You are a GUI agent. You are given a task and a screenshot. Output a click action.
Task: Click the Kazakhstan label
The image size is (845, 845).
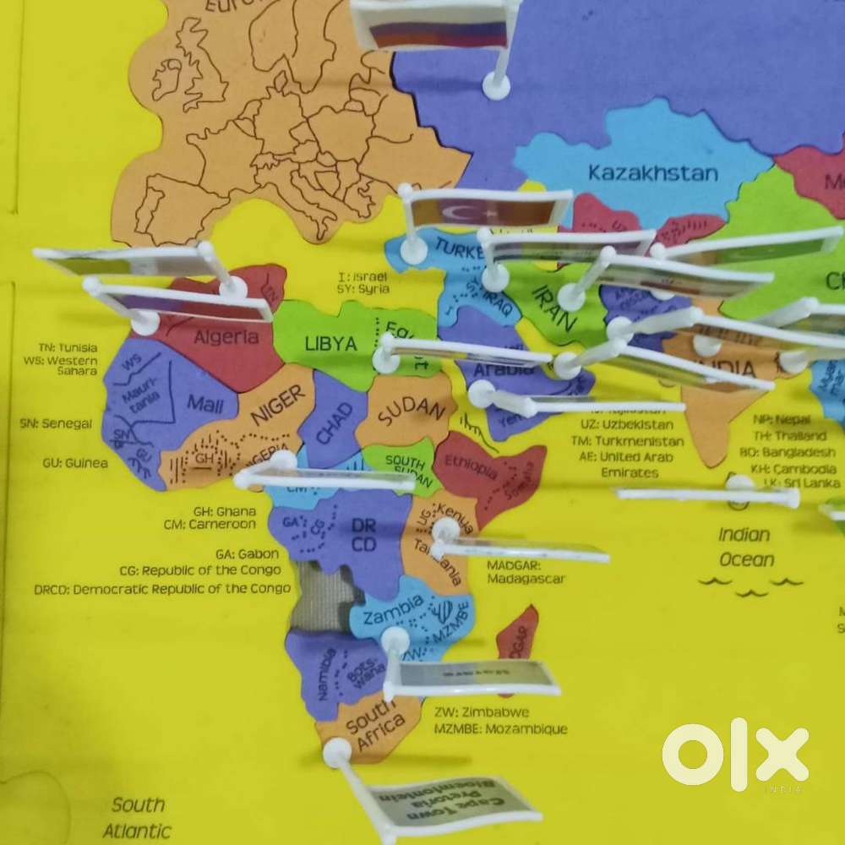pyautogui.click(x=653, y=173)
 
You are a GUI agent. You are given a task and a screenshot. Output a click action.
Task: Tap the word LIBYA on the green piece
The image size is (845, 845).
pyautogui.click(x=330, y=344)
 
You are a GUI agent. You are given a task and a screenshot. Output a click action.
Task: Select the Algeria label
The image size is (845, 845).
pyautogui.click(x=226, y=337)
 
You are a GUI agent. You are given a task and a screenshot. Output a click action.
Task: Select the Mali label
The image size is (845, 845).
pyautogui.click(x=205, y=403)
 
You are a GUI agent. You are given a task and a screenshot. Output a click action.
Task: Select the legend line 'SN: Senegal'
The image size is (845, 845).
pyautogui.click(x=56, y=422)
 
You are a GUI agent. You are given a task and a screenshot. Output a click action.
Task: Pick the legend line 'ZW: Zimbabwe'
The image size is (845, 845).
pyautogui.click(x=482, y=711)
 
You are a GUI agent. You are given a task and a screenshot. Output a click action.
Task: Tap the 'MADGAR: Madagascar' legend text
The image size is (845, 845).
pyautogui.click(x=526, y=571)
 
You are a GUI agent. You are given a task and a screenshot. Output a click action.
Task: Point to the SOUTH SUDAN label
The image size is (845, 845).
pyautogui.click(x=405, y=467)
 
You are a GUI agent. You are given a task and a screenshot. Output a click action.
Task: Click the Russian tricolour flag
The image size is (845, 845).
pyautogui.click(x=439, y=32)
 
